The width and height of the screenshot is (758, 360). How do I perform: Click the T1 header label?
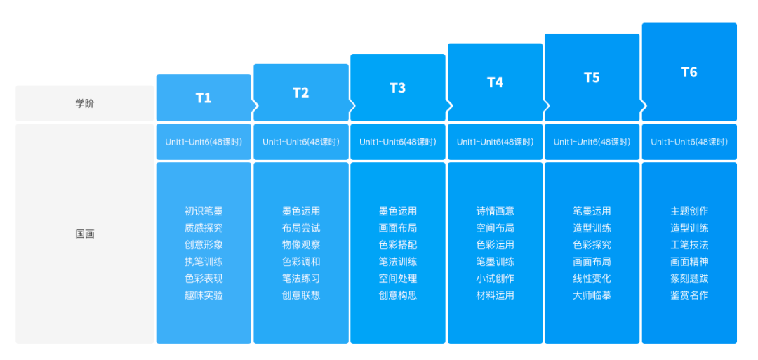pos(204,98)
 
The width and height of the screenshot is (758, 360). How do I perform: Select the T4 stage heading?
pos(495,83)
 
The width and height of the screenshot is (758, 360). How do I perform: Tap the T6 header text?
pos(689,72)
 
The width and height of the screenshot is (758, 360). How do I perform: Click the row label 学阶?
pos(85,103)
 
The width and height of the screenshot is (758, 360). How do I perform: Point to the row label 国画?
pos(85,234)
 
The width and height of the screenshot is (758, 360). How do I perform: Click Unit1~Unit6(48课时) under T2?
pos(300,142)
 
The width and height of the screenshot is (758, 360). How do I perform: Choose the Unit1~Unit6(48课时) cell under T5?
pos(592,142)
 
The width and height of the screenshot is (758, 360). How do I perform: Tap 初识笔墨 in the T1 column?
pos(204,211)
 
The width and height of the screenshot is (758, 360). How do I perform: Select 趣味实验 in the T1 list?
pos(204,295)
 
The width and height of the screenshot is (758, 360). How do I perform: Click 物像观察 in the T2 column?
pos(300,245)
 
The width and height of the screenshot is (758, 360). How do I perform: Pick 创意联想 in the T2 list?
pos(300,295)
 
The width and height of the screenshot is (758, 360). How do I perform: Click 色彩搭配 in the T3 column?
pos(398,245)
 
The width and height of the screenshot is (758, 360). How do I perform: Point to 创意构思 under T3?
pos(398,295)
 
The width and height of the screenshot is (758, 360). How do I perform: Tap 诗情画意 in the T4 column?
pos(495,211)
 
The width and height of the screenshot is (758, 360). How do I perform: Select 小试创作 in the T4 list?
pos(495,279)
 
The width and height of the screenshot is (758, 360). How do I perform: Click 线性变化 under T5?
pos(592,279)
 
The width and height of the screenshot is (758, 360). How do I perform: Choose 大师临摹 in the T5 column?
pos(592,295)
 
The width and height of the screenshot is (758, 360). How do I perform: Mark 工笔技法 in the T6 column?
pos(689,245)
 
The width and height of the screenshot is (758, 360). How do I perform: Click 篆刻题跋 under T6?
pos(689,279)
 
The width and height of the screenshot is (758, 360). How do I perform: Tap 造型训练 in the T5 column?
pos(592,228)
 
